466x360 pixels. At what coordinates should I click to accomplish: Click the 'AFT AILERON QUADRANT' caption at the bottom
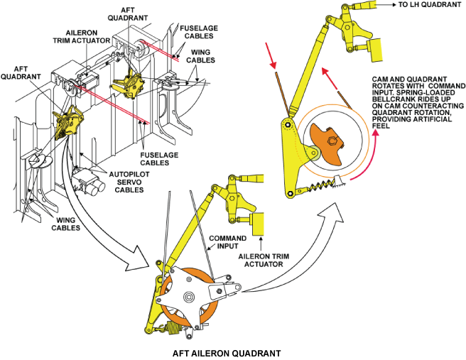227,354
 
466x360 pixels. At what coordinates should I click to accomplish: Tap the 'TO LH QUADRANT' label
430,5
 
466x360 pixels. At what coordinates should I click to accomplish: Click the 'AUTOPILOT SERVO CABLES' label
129,182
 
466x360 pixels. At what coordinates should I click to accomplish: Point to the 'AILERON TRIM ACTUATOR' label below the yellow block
264,260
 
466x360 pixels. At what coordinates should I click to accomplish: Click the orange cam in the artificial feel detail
327,143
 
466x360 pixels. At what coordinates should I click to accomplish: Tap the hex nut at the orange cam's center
332,140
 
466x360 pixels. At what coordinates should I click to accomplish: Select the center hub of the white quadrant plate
188,297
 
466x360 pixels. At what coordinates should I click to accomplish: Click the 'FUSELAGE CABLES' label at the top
199,32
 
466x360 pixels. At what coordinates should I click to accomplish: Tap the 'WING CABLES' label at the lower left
65,224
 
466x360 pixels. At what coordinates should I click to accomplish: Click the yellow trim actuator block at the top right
375,50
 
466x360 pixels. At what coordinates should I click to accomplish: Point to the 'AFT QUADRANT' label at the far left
21,72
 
